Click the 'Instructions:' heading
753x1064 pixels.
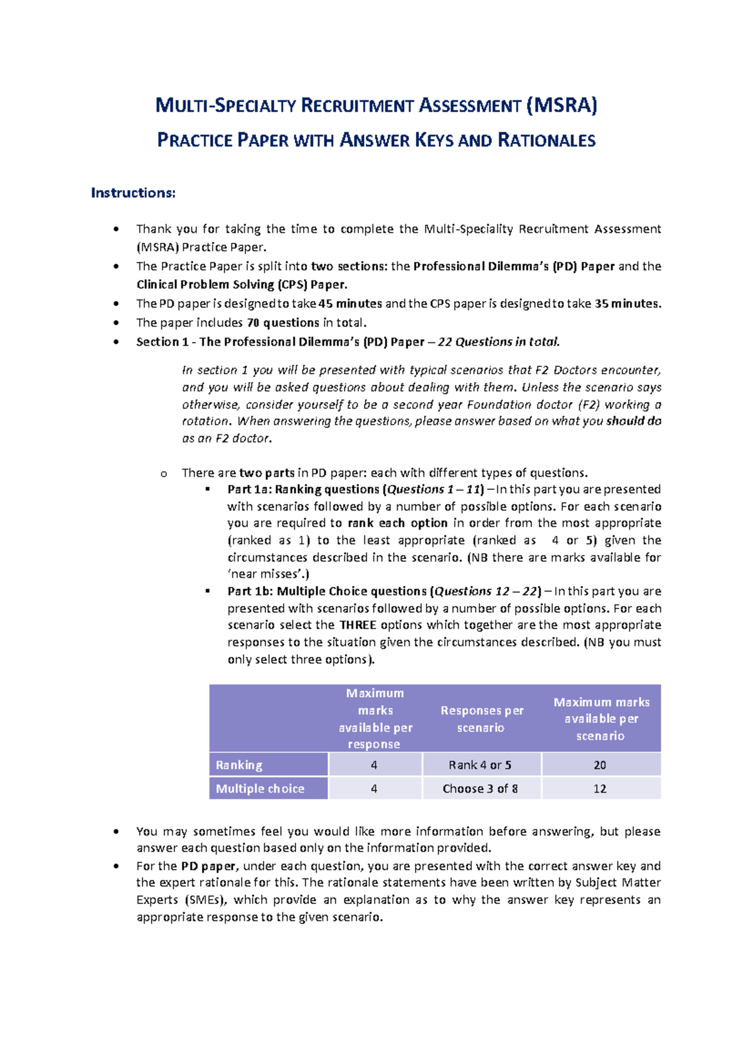(133, 193)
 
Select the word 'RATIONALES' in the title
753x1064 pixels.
(546, 140)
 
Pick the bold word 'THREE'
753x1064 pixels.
(358, 625)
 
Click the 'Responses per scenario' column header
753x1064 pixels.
(481, 719)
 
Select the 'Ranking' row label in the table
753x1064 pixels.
(239, 765)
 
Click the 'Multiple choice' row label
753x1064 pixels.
(260, 789)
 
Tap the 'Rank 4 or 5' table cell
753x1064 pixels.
(480, 765)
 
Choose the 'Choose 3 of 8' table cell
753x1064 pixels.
(480, 789)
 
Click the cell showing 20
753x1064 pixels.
(600, 765)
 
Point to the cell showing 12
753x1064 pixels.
(600, 789)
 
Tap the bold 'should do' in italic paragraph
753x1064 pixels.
(634, 421)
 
